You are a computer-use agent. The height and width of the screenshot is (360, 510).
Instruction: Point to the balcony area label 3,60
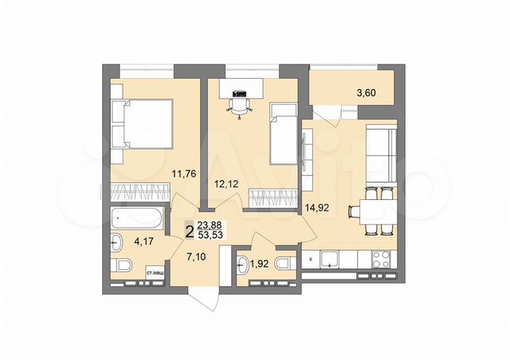click(x=364, y=93)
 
